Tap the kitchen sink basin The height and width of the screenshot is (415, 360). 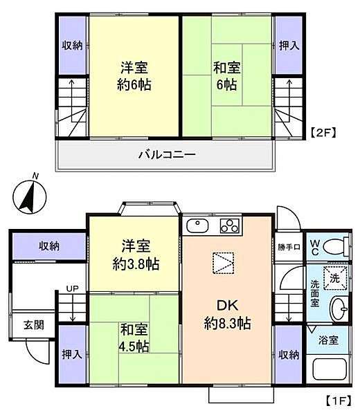tap(197, 226)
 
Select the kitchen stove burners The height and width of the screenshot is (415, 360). tap(229, 226)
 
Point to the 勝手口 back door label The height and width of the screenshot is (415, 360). tap(288, 248)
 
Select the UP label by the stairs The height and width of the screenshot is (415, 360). tap(72, 288)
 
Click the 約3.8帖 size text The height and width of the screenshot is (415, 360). tap(135, 264)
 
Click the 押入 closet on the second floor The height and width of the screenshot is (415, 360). tap(288, 46)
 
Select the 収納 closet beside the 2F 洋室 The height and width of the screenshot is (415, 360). tap(72, 46)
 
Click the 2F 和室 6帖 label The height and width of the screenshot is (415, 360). tap(226, 77)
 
